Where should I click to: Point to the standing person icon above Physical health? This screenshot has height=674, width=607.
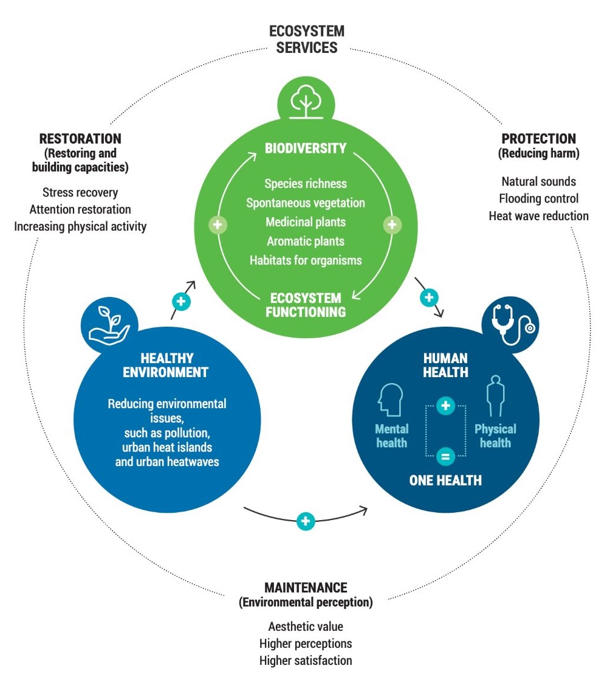(x=496, y=396)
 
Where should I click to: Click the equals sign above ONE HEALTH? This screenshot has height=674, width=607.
(x=445, y=454)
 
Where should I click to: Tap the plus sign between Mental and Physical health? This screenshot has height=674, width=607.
(x=445, y=405)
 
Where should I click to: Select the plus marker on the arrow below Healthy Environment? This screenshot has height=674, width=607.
(x=306, y=521)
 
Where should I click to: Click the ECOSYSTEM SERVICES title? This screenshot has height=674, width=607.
(x=306, y=39)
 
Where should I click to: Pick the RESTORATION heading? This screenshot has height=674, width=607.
(x=80, y=139)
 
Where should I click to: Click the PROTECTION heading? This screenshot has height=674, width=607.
(x=539, y=139)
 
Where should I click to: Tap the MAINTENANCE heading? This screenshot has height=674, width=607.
(x=306, y=588)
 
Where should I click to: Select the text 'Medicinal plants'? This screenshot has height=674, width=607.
(x=305, y=222)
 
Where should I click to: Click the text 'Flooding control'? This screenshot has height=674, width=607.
(x=538, y=198)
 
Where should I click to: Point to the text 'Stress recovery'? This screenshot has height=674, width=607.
(x=80, y=192)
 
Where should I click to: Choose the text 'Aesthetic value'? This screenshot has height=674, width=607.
(x=306, y=626)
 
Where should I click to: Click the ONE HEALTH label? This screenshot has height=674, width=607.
(x=445, y=480)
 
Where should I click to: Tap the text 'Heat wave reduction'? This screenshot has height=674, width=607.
(x=538, y=215)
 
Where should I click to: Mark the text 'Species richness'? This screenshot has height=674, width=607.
(x=305, y=183)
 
